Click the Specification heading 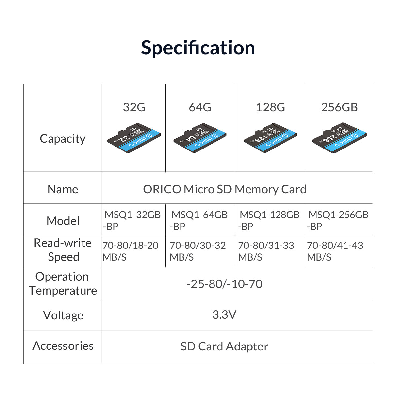[198, 48]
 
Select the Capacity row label [62, 139]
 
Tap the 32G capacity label [134, 107]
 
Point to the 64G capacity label [200, 107]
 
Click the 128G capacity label [271, 107]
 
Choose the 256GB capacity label [340, 107]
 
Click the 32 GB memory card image [134, 138]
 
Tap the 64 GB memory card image [200, 138]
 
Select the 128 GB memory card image [271, 138]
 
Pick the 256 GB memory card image [339, 138]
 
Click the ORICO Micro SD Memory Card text [225, 189]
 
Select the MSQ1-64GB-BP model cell [199, 220]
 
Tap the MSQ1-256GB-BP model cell [338, 220]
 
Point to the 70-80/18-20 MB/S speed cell [130, 251]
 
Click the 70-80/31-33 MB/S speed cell [266, 251]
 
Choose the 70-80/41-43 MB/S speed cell [335, 251]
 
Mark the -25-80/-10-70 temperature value [224, 284]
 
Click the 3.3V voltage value [224, 314]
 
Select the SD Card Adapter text [224, 346]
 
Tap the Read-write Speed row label [63, 250]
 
